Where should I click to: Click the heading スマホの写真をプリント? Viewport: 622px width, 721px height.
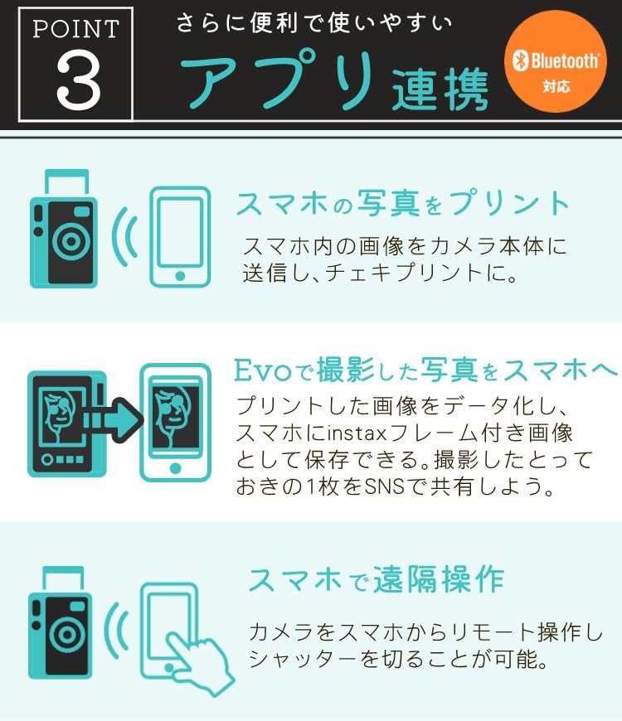pyautogui.click(x=403, y=203)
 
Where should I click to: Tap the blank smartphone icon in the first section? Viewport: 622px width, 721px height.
pyautogui.click(x=179, y=237)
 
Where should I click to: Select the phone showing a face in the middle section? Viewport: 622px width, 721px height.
pyautogui.click(x=175, y=422)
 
